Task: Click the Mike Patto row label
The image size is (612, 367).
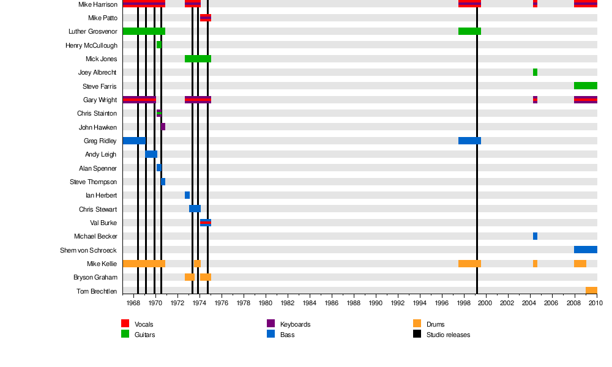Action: tap(103, 18)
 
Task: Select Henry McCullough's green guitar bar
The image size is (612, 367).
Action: tap(159, 45)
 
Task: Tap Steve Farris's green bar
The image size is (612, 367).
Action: tap(585, 86)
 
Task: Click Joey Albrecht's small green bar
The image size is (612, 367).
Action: tap(535, 72)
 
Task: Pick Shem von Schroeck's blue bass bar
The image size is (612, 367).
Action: tap(585, 250)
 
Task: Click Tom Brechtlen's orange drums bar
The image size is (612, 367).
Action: tap(591, 291)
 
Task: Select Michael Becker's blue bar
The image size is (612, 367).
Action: tap(535, 236)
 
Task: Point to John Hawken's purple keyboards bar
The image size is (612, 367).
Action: tap(163, 127)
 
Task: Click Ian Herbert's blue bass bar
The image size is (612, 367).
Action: tap(187, 195)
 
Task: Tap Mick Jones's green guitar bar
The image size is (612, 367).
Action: tap(198, 59)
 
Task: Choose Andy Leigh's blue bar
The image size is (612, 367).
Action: tap(151, 154)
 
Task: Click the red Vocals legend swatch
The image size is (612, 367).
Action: tap(125, 324)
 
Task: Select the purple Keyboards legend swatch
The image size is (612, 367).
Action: tap(271, 324)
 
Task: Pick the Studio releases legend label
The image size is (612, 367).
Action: tap(448, 335)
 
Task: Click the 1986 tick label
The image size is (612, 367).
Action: tap(332, 303)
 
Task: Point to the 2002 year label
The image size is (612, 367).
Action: tap(508, 303)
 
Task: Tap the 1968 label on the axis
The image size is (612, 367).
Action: tap(133, 303)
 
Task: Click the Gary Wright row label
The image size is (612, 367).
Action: tap(100, 100)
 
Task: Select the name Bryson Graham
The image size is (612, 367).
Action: tap(97, 277)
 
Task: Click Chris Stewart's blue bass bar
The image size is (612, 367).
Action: tap(195, 209)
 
